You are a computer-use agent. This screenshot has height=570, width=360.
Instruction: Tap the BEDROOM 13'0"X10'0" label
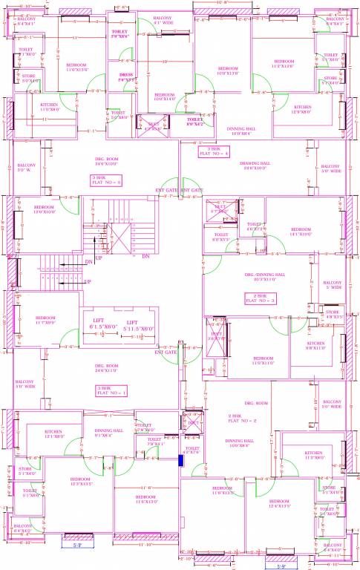tap(44, 209)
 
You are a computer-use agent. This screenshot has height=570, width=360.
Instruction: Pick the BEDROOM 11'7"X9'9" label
tap(45, 319)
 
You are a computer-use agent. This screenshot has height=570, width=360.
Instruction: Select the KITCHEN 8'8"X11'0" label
tap(316, 346)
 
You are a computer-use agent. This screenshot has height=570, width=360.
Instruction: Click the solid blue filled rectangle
tap(180, 460)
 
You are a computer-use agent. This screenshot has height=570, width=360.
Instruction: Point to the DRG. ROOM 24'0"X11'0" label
tap(106, 368)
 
